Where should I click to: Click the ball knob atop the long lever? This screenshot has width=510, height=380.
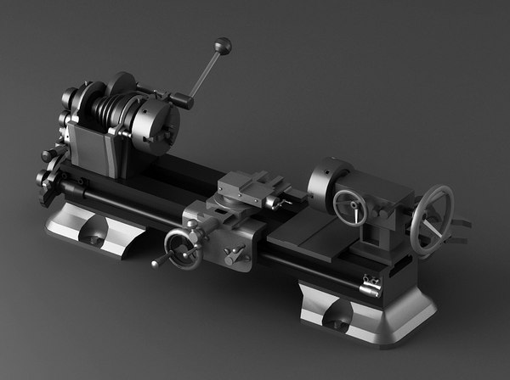click(223, 44)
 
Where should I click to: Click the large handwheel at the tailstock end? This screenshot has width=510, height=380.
click(432, 220)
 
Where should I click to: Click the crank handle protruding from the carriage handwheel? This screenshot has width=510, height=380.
click(157, 263)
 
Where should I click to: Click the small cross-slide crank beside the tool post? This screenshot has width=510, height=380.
click(273, 204)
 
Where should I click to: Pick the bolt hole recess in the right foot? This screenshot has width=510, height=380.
click(338, 320)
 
